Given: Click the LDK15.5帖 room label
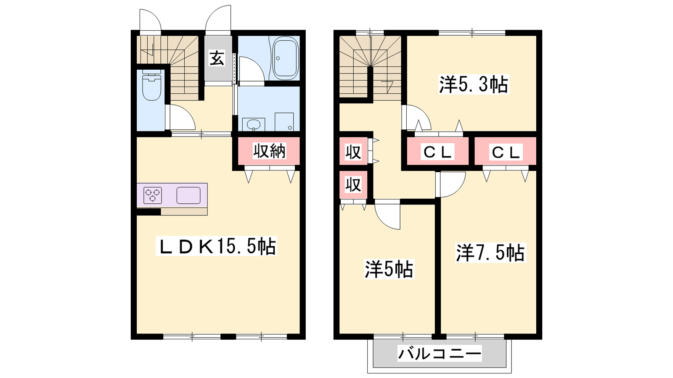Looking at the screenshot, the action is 216,246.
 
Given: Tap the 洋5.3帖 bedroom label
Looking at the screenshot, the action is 474,84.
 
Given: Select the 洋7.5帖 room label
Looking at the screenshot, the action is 490,252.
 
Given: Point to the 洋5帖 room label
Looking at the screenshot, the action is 389,269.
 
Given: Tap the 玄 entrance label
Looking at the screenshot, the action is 217,58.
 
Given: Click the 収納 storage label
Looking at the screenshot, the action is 269,151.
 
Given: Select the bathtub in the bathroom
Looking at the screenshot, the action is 285,58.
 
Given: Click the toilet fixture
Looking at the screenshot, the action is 152,85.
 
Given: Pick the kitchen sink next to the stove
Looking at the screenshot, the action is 188,195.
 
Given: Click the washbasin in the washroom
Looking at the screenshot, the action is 254,124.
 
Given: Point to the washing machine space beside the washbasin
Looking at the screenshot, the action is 284,122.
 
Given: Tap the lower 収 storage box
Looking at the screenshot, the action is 353,185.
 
